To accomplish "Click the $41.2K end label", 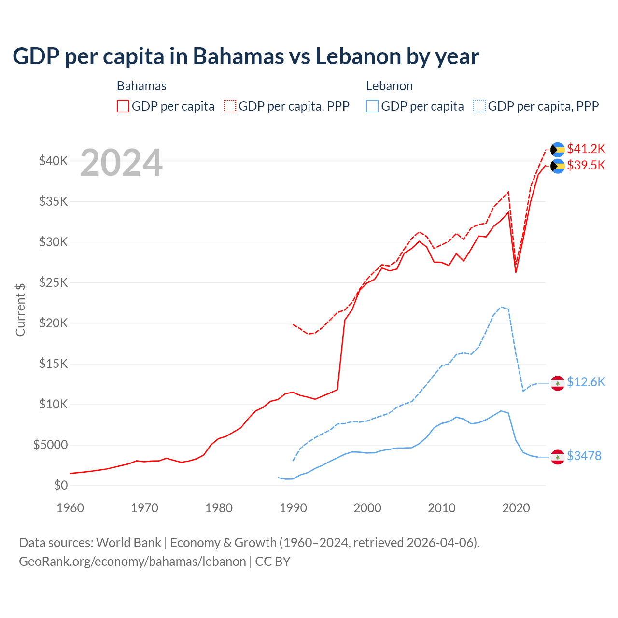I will coord(586,149).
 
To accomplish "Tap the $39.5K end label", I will coord(586,166).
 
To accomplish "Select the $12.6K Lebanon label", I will coord(586,382).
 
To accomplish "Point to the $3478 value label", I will coord(584,456).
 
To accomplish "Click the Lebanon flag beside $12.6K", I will coord(558,383).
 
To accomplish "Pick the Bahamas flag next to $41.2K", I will coord(558,150).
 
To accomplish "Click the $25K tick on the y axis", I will coord(53,282).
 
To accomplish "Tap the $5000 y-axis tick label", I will coord(50,445).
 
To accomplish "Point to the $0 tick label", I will coord(60,485).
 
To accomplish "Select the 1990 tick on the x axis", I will coord(293,508).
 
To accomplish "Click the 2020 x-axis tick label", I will coord(516,508).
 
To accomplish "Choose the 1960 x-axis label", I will coord(70,508).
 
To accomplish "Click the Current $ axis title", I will coord(20,310).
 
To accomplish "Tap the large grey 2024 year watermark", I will coord(121,163).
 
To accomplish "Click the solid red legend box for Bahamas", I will coord(123,106).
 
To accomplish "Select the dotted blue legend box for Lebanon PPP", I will coord(479,106).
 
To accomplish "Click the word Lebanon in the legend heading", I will coord(389,86).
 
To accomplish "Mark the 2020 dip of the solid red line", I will coord(516,272).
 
